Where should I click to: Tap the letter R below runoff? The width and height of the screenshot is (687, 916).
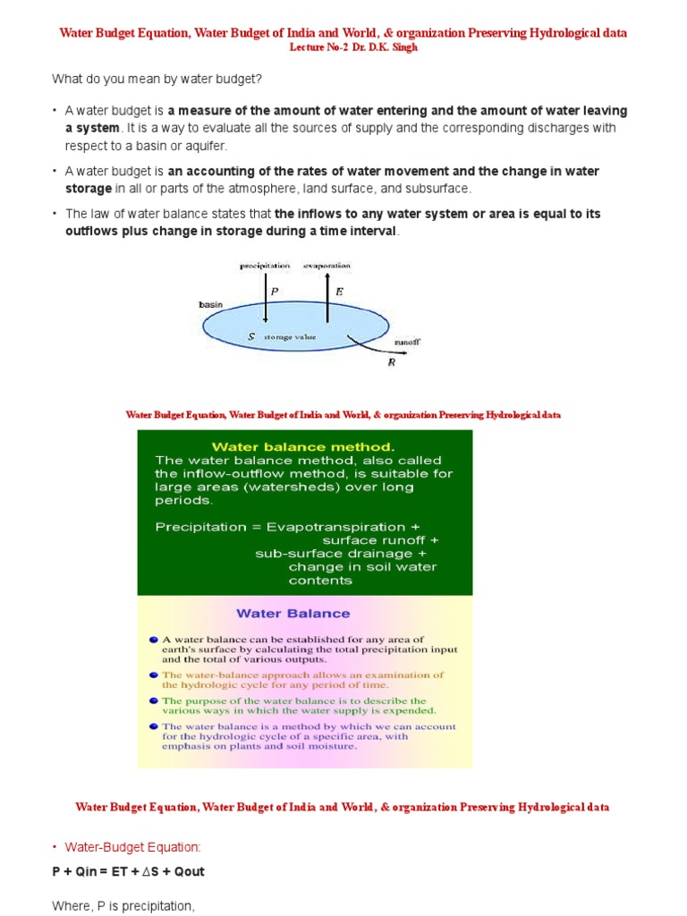(x=391, y=362)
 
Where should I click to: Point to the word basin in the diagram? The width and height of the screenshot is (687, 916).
(x=209, y=304)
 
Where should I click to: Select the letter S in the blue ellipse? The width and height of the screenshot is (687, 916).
(x=252, y=336)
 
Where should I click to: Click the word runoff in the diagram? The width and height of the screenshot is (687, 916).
(x=407, y=343)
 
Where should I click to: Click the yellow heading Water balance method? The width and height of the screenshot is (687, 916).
(x=301, y=445)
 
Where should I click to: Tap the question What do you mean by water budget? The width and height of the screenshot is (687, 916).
(x=157, y=80)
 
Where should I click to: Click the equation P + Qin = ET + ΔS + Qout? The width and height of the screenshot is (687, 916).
(x=128, y=871)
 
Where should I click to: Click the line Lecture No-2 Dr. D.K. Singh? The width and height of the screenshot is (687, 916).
(x=343, y=47)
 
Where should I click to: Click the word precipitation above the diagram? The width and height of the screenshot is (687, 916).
(x=265, y=266)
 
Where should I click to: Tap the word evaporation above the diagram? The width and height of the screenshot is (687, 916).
(x=327, y=266)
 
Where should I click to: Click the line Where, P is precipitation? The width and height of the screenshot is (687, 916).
(x=123, y=906)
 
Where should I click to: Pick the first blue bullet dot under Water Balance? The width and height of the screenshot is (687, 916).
(x=154, y=640)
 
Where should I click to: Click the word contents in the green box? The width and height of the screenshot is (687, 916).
(x=320, y=581)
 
